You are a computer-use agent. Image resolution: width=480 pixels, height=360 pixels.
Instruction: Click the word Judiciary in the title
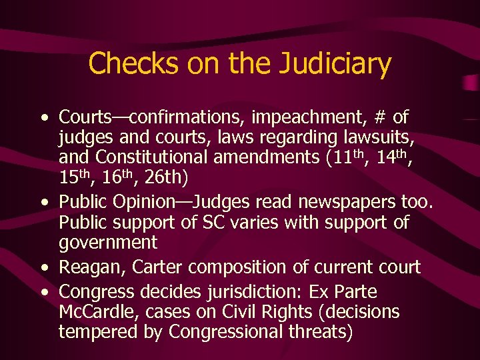335,65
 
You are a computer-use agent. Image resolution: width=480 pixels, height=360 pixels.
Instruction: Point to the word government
108,243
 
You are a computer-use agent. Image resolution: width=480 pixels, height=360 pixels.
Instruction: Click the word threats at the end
316,332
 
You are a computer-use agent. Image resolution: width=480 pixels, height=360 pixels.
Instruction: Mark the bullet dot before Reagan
44,268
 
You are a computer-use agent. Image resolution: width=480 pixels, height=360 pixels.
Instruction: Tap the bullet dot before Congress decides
44,292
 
